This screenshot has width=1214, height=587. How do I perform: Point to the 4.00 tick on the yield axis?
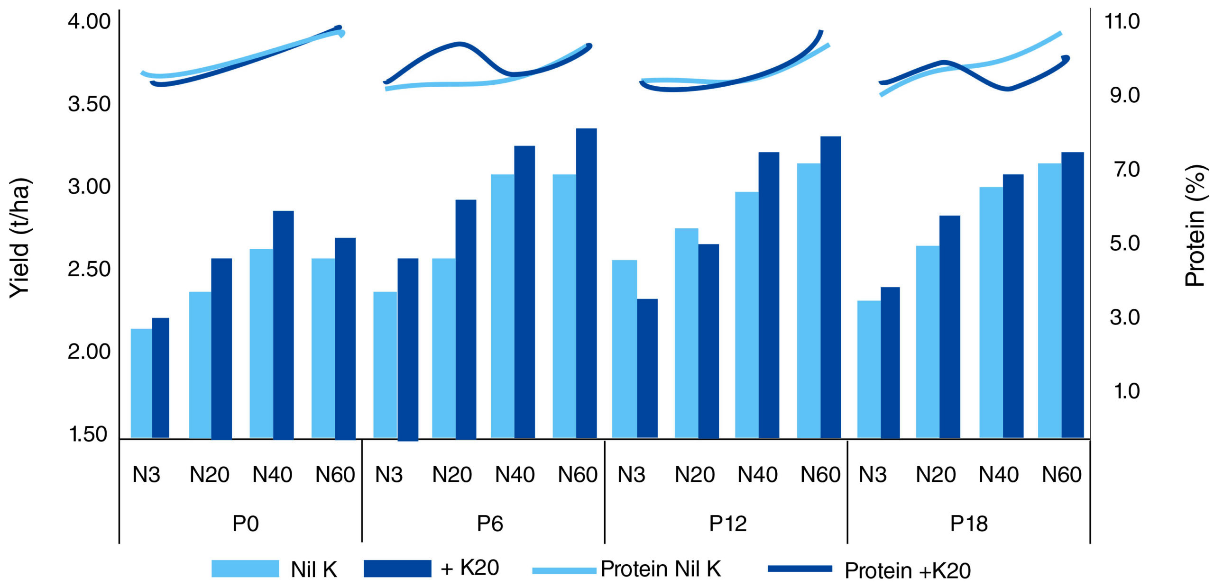click(89, 22)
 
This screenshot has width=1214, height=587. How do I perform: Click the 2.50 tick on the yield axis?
click(89, 269)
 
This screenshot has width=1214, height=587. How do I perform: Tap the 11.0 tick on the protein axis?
click(1122, 22)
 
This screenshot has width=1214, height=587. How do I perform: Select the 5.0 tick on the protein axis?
click(1124, 244)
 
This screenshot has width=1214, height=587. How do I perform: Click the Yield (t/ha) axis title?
click(20, 238)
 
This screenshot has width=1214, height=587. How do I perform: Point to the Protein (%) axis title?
click(1195, 226)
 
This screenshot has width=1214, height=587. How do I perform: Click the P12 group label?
click(727, 524)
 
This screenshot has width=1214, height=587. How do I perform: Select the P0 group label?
click(245, 524)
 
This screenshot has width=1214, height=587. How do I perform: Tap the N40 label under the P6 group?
click(515, 475)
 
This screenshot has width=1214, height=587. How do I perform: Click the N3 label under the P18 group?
click(873, 475)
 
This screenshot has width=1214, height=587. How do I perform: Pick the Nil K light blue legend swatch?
click(245, 569)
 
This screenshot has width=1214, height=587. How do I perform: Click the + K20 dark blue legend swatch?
click(397, 569)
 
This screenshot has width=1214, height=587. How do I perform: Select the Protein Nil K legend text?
click(661, 569)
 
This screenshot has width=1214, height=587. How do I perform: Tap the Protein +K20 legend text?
click(907, 570)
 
